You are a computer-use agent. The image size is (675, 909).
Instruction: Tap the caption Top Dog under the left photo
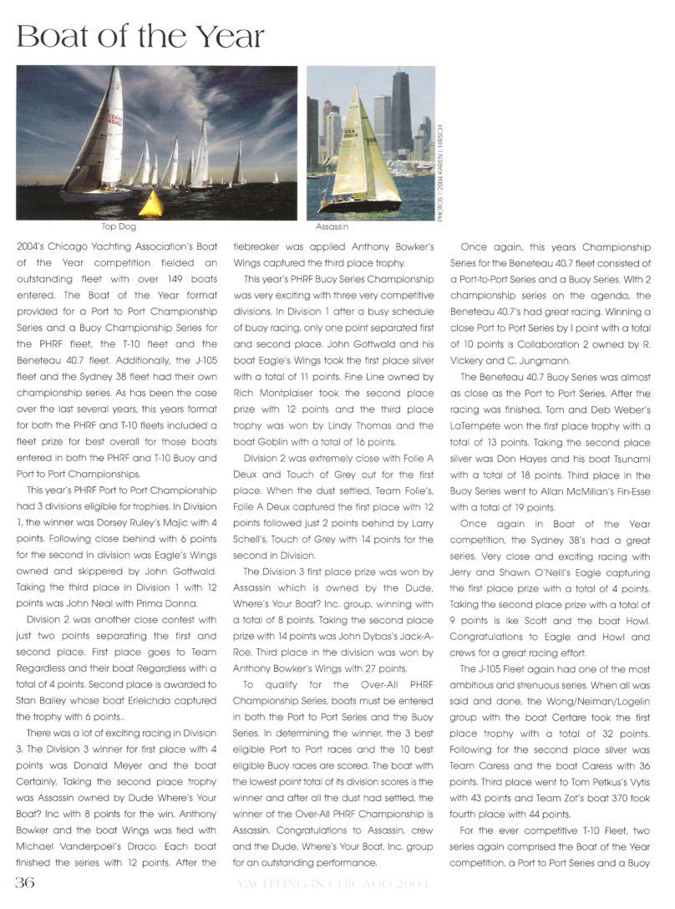pos(116,226)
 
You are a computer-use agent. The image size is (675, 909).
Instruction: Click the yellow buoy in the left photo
pos(150,204)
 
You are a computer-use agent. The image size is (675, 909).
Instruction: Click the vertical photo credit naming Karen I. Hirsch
pos(440,171)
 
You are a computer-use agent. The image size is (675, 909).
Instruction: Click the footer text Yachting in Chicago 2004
pos(338,885)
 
